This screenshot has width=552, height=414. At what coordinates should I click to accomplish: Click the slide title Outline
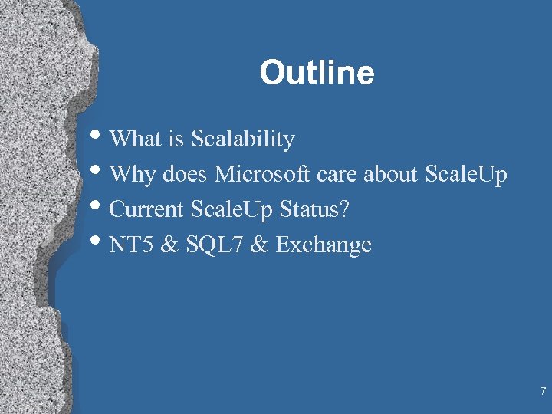(x=317, y=74)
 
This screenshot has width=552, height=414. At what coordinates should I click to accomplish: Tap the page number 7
(x=543, y=392)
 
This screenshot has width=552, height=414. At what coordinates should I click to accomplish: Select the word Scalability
(x=243, y=140)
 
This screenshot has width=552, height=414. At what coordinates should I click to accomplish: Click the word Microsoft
(x=261, y=175)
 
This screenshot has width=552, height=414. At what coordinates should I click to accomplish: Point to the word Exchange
(x=324, y=245)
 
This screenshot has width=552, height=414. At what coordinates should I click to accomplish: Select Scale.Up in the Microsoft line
(x=465, y=175)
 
